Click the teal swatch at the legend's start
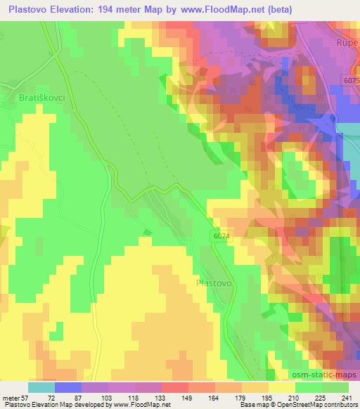coord(41,387)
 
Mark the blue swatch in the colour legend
coord(68,387)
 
